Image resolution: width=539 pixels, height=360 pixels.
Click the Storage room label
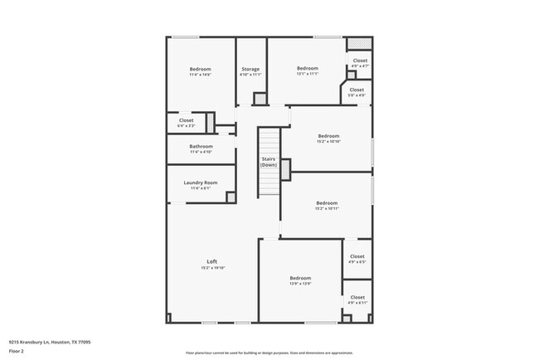[x=250, y=69]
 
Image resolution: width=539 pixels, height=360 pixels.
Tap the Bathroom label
[x=201, y=146]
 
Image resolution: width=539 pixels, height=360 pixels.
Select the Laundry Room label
[x=201, y=182]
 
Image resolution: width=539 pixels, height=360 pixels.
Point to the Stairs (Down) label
[x=269, y=162]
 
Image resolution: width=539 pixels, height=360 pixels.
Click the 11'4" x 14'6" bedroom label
[x=200, y=69]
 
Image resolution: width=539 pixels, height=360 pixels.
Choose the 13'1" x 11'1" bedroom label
[x=308, y=68]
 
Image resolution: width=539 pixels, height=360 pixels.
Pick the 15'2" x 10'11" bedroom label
[x=327, y=203]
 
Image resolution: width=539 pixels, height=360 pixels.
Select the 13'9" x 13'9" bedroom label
[x=300, y=278]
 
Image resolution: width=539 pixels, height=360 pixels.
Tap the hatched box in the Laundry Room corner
[x=231, y=197]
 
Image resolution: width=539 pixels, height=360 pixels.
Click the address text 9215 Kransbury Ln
[x=50, y=341]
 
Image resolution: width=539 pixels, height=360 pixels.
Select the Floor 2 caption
[x=17, y=350]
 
